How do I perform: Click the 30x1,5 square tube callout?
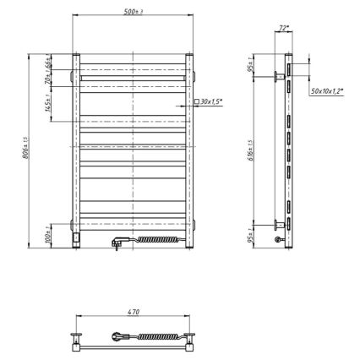(211, 101)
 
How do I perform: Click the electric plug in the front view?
(117, 243)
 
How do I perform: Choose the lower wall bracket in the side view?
(277, 225)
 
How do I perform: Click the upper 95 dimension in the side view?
(251, 66)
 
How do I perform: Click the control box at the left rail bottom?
(77, 239)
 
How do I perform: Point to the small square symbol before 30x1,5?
(197, 101)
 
